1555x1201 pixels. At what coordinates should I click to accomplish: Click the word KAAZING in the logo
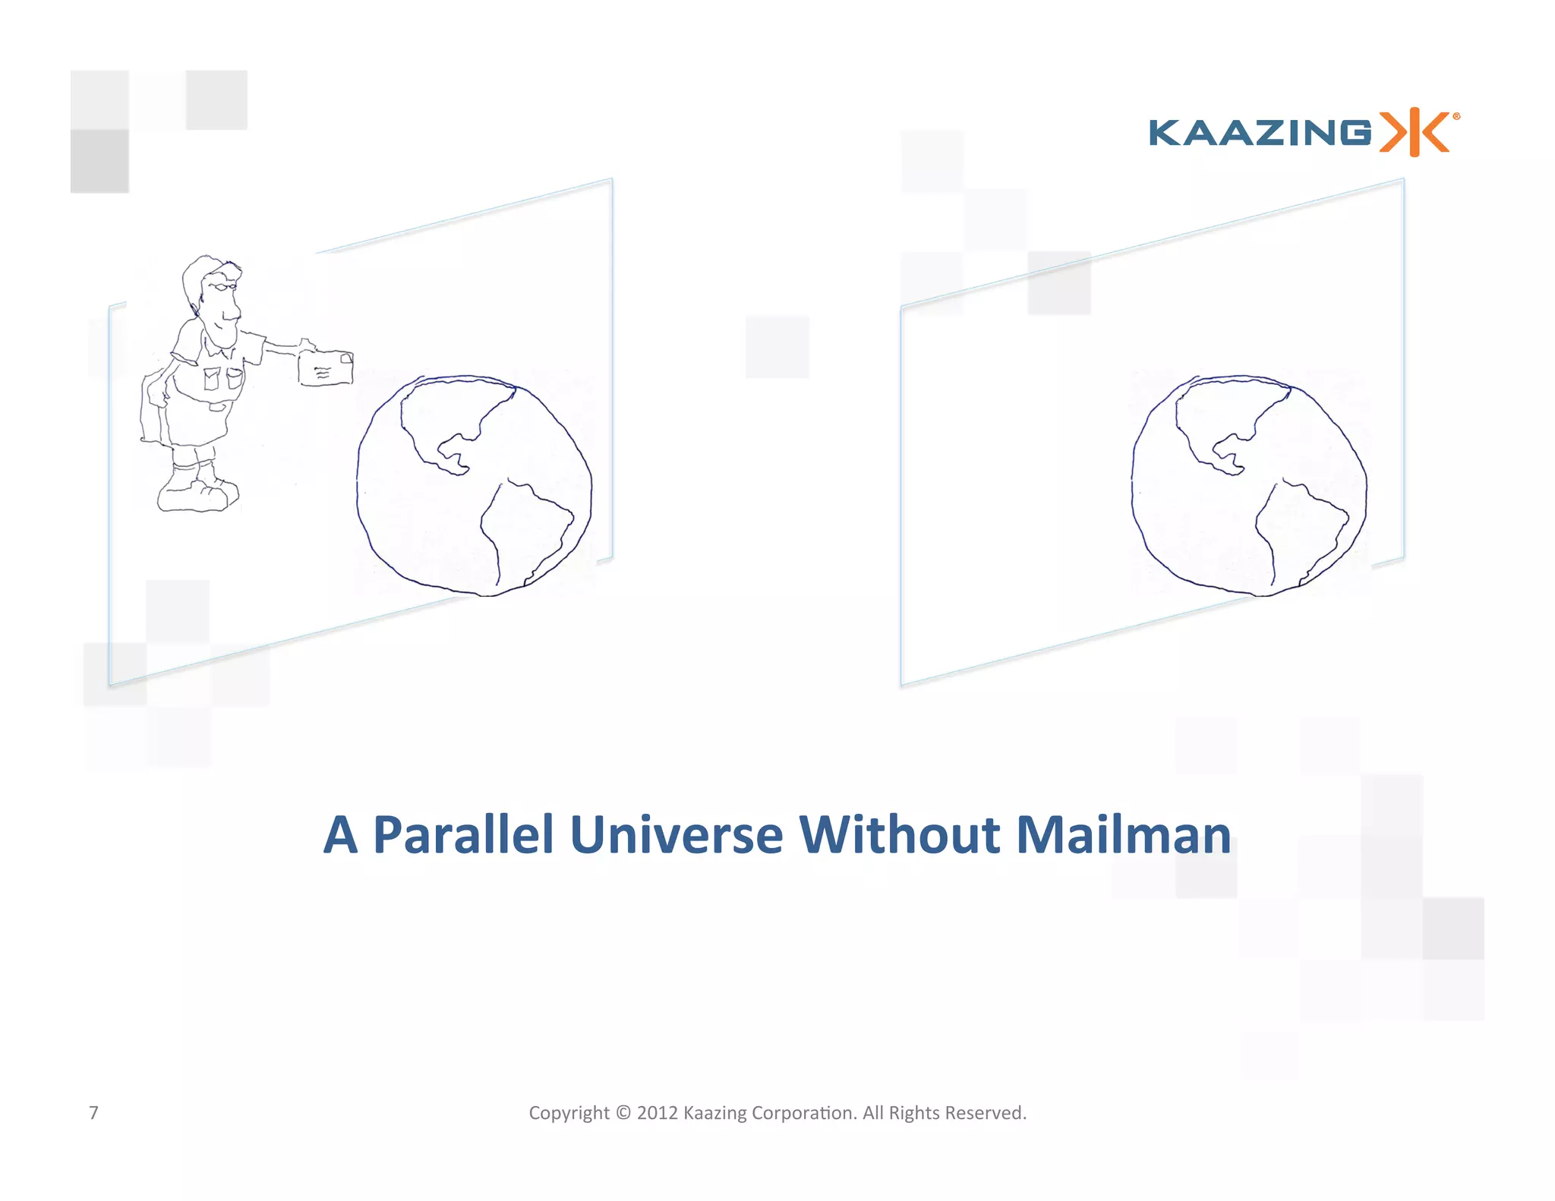tap(1260, 133)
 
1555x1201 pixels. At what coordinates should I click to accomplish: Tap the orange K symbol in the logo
tap(1415, 133)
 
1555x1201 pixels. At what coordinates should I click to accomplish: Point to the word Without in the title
tap(899, 835)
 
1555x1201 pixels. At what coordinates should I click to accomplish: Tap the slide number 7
tap(93, 1113)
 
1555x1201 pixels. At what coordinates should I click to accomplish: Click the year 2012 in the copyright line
tap(657, 1113)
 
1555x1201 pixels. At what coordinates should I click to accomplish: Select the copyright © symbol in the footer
tap(623, 1113)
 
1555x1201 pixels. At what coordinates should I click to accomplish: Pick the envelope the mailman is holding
tap(326, 368)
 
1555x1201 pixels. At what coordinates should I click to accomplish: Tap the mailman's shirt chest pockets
tap(222, 377)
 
